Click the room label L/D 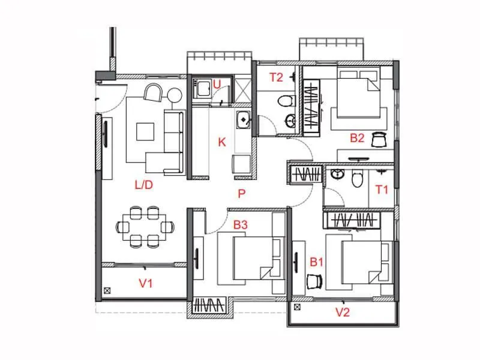click(144, 185)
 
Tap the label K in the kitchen click(222, 142)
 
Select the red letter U click(217, 85)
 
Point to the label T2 click(276, 77)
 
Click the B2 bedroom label click(358, 138)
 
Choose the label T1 click(382, 190)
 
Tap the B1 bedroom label click(317, 262)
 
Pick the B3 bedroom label click(241, 225)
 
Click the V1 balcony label click(146, 283)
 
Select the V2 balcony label click(343, 311)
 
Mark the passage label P click(241, 193)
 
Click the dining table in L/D click(145, 226)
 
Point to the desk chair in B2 click(378, 139)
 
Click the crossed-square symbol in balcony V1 click(107, 290)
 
